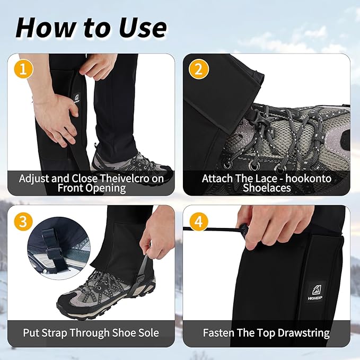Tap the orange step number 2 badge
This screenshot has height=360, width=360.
[x=198, y=69]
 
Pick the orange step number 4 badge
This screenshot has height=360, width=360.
[x=198, y=221]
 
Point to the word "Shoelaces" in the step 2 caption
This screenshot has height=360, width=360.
[x=267, y=188]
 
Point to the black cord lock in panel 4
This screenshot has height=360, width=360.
[x=244, y=230]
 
